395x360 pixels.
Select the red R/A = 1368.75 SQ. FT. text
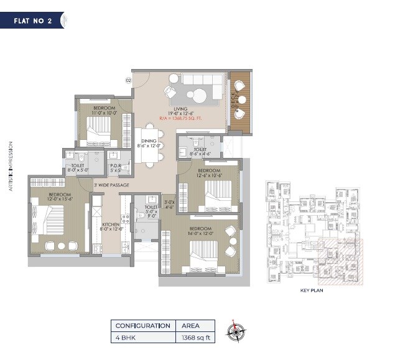tap(180, 117)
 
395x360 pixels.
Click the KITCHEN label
tap(111, 226)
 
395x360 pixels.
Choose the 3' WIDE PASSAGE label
tap(111, 185)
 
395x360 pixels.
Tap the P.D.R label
tap(116, 166)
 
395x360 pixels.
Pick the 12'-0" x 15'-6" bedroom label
tap(60, 198)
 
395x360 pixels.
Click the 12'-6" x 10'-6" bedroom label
tap(209, 173)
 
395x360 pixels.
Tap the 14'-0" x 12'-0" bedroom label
tap(201, 232)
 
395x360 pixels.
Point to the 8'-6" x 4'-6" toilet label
tap(200, 151)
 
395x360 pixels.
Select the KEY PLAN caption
tap(313, 290)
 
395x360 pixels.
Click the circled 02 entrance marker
tap(128, 80)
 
